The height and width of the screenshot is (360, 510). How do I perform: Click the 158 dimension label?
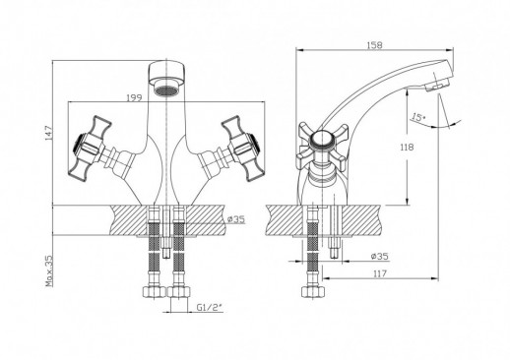374,45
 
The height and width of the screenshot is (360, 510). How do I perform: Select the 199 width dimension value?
134,97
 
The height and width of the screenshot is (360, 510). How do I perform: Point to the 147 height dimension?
48,133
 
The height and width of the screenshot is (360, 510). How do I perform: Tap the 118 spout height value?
407,148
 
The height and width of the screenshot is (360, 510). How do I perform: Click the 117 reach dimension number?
380,273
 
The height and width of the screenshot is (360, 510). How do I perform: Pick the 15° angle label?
418,117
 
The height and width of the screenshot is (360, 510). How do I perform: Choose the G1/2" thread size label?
210,307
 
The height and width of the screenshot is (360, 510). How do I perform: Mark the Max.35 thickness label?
48,271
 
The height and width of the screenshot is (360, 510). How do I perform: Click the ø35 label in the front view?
236,219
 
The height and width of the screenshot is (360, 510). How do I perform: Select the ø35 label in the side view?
380,256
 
